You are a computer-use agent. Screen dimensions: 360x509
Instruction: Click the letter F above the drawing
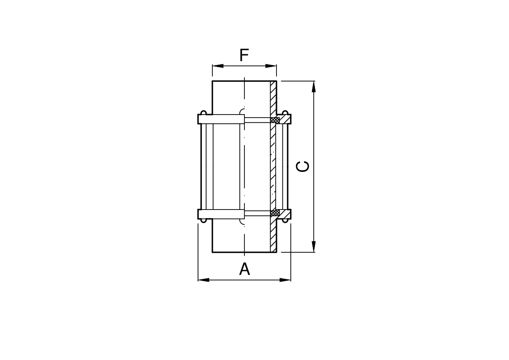[244, 56]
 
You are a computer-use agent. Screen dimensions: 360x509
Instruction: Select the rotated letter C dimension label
[303, 166]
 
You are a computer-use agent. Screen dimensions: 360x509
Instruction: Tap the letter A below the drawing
[244, 269]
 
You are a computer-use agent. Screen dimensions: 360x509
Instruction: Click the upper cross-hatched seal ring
[275, 121]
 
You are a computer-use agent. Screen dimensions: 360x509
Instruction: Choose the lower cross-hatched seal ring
[275, 212]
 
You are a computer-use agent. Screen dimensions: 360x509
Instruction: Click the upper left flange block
[221, 119]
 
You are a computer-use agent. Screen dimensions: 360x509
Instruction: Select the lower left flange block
[221, 214]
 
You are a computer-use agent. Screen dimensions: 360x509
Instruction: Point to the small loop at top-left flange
[204, 113]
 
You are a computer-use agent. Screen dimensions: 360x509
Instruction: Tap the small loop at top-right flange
[285, 113]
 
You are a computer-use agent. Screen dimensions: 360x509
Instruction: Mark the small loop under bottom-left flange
[204, 221]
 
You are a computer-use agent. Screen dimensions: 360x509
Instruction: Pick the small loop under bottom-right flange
[285, 221]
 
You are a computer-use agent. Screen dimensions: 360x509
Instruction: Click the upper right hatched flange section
[285, 119]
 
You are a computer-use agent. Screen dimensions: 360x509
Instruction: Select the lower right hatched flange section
[285, 214]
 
